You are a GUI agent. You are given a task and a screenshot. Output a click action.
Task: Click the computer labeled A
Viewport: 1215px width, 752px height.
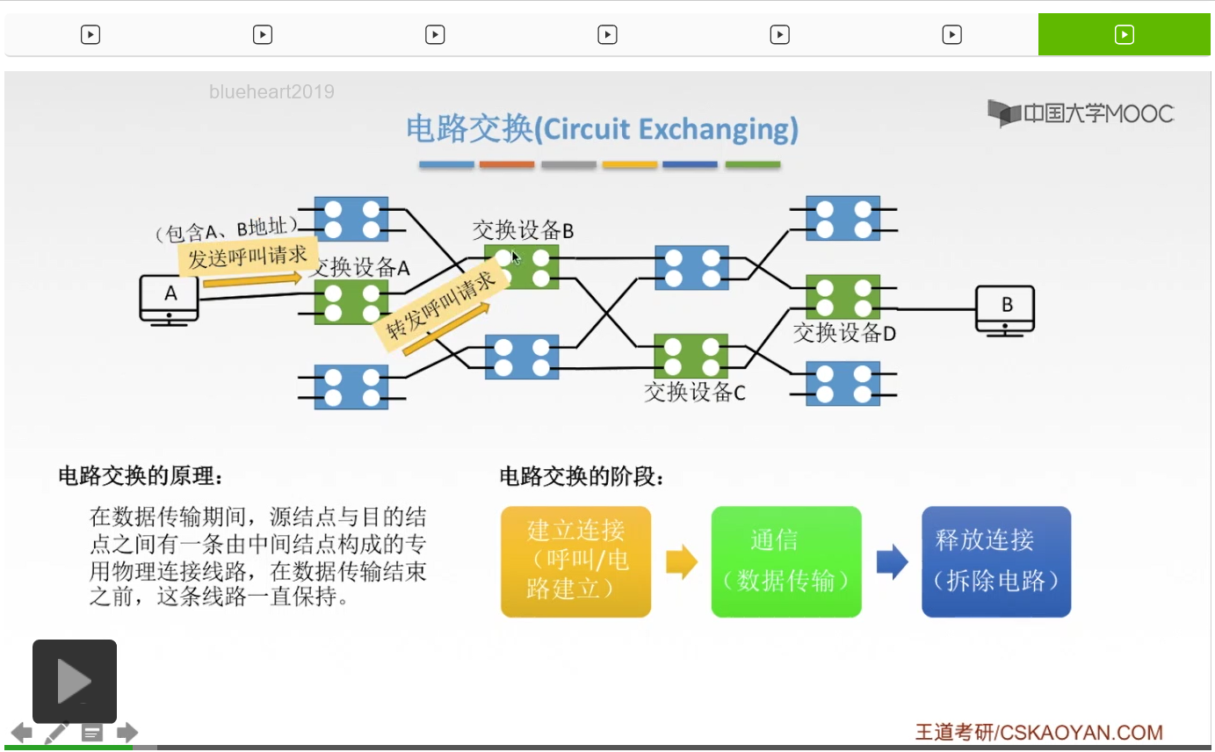coord(170,300)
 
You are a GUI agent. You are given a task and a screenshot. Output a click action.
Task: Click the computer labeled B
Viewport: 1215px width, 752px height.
coord(1004,311)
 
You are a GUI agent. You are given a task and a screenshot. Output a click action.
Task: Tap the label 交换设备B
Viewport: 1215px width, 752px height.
coord(523,230)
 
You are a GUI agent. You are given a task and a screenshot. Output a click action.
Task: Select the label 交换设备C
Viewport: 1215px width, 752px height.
coord(695,393)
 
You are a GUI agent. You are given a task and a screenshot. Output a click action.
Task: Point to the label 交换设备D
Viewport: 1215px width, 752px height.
coord(844,333)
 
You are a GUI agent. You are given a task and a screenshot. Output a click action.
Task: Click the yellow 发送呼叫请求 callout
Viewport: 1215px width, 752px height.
coord(248,256)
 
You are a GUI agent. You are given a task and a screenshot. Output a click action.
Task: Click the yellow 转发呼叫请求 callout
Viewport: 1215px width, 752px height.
coord(440,305)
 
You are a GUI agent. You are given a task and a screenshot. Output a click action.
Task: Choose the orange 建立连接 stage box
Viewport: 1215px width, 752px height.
coord(575,561)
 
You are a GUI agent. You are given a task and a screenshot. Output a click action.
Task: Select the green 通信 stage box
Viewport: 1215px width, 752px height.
coord(786,561)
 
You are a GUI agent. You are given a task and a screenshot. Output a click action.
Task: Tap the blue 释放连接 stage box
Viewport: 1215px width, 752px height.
coord(996,561)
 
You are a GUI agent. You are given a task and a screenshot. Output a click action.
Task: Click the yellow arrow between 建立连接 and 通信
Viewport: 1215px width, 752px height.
coord(681,561)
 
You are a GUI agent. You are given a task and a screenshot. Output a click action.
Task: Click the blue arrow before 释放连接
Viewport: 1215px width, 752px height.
coord(892,561)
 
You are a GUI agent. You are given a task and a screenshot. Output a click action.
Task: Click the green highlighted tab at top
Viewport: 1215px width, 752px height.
coord(1124,35)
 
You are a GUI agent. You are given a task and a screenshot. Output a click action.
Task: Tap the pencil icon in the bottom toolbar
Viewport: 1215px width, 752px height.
coord(56,733)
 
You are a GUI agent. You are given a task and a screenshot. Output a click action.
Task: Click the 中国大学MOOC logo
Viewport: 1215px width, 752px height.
coord(1081,113)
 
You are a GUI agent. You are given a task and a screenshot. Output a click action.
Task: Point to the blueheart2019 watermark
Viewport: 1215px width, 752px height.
coord(271,91)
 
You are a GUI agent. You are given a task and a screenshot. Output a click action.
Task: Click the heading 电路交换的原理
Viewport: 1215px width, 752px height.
coord(140,476)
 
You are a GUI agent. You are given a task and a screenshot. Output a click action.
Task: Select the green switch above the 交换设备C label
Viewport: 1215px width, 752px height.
coord(691,356)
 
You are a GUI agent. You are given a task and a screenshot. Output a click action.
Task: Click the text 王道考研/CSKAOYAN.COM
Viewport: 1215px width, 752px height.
coord(1038,733)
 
